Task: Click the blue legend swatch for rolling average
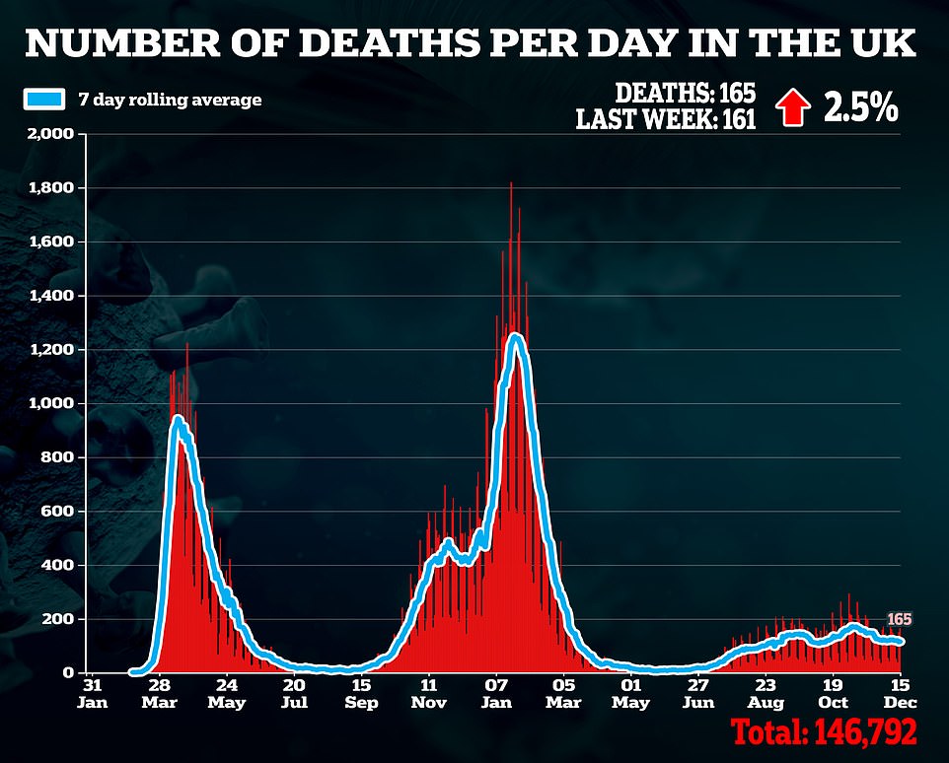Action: tap(44, 100)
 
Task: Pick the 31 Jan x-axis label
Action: tap(92, 693)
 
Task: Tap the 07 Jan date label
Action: tap(496, 693)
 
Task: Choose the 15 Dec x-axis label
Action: tap(900, 693)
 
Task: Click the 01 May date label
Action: tap(630, 693)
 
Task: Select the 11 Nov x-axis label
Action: tap(428, 693)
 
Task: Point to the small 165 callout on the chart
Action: tap(899, 619)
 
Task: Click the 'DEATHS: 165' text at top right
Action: tap(685, 94)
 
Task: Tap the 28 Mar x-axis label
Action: tap(159, 693)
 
